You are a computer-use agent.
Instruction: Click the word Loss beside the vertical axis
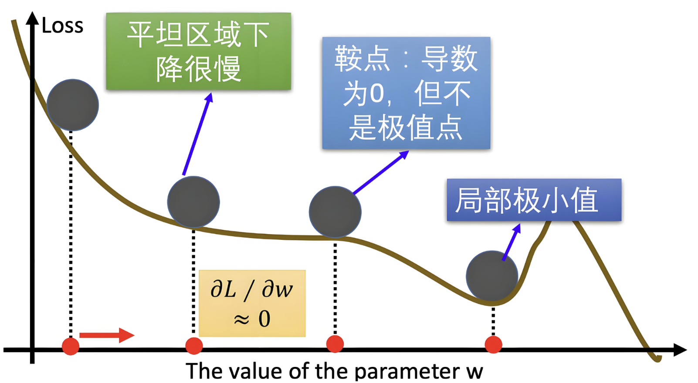[x=62, y=26]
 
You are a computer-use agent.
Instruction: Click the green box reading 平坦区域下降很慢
[x=198, y=51]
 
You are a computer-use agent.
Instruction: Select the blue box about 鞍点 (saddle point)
[x=406, y=93]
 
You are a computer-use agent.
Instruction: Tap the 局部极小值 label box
[x=534, y=200]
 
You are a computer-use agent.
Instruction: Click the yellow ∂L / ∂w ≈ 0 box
[x=252, y=303]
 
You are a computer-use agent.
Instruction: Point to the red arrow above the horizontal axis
[x=107, y=335]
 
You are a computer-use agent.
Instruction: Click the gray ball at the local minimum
[x=492, y=277]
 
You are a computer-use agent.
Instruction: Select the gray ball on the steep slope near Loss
[x=73, y=105]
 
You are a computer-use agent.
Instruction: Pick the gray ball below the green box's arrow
[x=193, y=202]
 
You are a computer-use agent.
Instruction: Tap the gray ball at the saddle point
[x=335, y=212]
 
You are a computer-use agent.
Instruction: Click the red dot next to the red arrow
[x=71, y=346]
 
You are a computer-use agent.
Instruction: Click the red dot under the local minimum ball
[x=493, y=345]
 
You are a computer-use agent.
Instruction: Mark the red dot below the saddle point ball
[x=335, y=344]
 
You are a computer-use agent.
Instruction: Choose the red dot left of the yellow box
[x=194, y=346]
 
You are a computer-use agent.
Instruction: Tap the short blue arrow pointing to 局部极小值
[x=512, y=242]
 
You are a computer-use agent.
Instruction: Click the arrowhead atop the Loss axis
[x=32, y=18]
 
